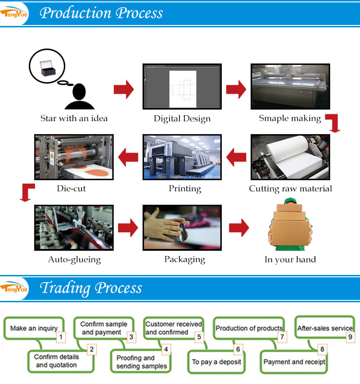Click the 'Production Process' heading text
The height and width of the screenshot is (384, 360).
[x=101, y=13]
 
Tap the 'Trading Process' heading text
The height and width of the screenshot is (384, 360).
[x=91, y=288]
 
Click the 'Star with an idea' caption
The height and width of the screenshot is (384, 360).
[x=74, y=118]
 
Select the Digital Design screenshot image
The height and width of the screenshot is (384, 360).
[x=182, y=87]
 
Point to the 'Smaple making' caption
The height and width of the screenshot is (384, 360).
[x=290, y=118]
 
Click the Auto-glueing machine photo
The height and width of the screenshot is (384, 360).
[x=73, y=227]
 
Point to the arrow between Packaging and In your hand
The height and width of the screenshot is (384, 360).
[x=239, y=227]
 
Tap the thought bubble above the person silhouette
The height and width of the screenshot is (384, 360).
[x=47, y=66]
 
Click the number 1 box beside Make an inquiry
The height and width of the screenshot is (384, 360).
[x=60, y=337]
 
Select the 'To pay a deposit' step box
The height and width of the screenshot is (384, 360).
[x=216, y=361]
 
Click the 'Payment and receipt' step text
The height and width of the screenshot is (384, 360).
[x=294, y=361]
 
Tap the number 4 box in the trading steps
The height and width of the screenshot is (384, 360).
[x=166, y=349]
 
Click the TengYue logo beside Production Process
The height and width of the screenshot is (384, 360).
[x=14, y=13]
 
